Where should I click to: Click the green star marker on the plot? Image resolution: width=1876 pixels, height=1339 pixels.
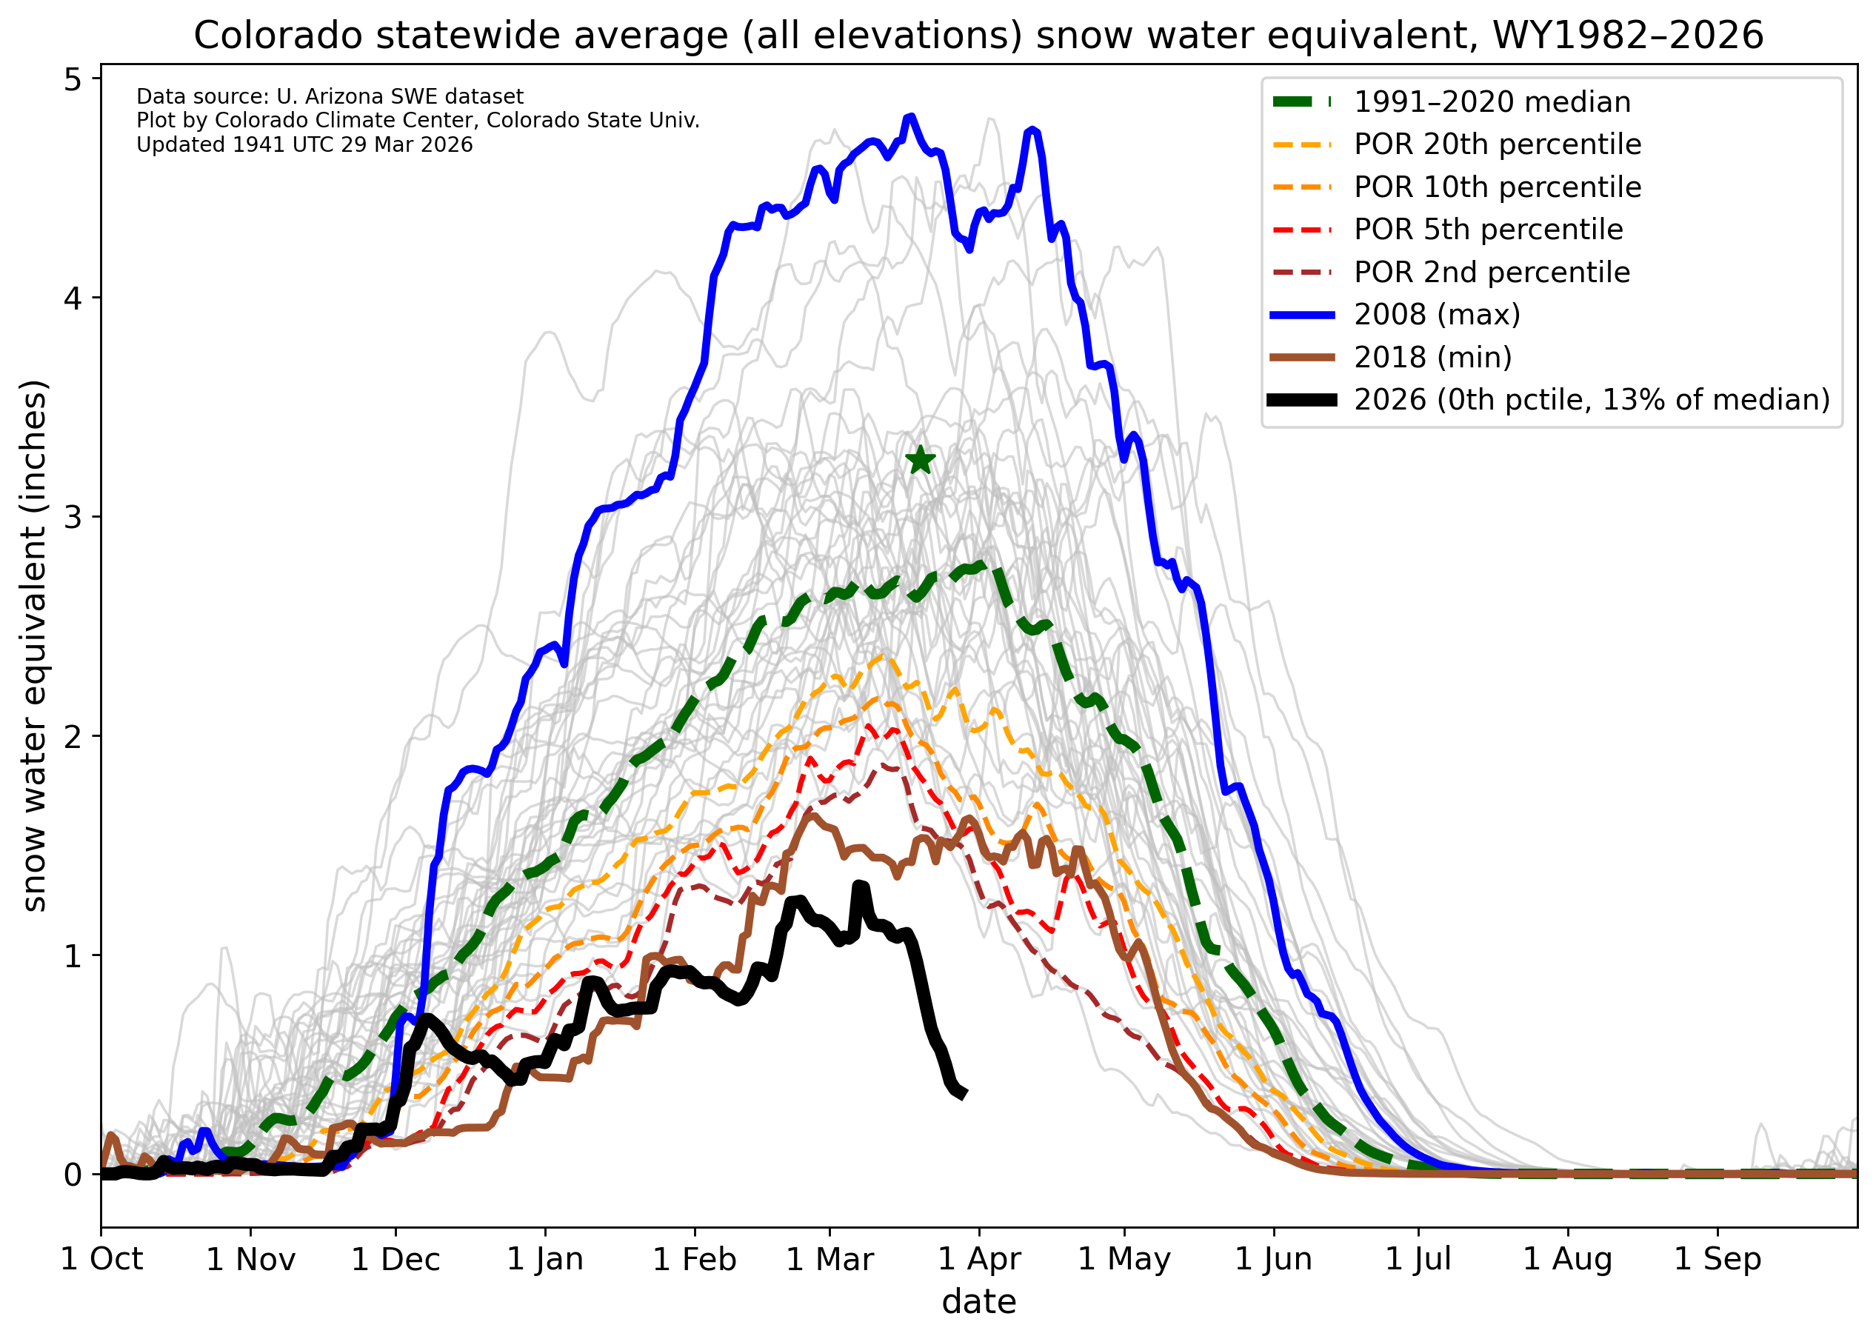(x=921, y=460)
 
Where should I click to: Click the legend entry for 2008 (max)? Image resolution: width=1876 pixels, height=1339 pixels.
(x=1437, y=314)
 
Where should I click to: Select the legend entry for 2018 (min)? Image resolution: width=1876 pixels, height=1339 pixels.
(x=1432, y=357)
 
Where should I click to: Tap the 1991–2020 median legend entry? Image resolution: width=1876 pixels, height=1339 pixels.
(x=1492, y=102)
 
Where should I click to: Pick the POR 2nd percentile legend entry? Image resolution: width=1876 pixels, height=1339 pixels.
(x=1491, y=272)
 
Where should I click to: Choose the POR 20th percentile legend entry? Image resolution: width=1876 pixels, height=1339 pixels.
(x=1497, y=144)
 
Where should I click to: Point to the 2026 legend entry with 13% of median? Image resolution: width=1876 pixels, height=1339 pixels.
(x=1591, y=400)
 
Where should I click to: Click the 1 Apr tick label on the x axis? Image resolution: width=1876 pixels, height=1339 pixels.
(x=979, y=1259)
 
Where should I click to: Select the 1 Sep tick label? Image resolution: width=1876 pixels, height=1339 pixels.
(x=1718, y=1259)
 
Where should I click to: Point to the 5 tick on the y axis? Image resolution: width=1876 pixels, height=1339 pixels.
(x=73, y=79)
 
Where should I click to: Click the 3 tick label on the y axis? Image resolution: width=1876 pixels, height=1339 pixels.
(x=73, y=517)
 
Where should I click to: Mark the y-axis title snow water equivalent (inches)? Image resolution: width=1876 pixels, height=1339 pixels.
(x=35, y=647)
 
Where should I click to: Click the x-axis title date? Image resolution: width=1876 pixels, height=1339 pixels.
(x=979, y=1302)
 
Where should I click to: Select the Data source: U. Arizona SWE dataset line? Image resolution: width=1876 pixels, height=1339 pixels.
(x=330, y=96)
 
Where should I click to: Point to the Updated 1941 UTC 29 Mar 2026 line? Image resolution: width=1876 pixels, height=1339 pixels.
(x=304, y=145)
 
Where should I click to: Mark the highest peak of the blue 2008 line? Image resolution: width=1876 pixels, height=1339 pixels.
(x=910, y=117)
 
